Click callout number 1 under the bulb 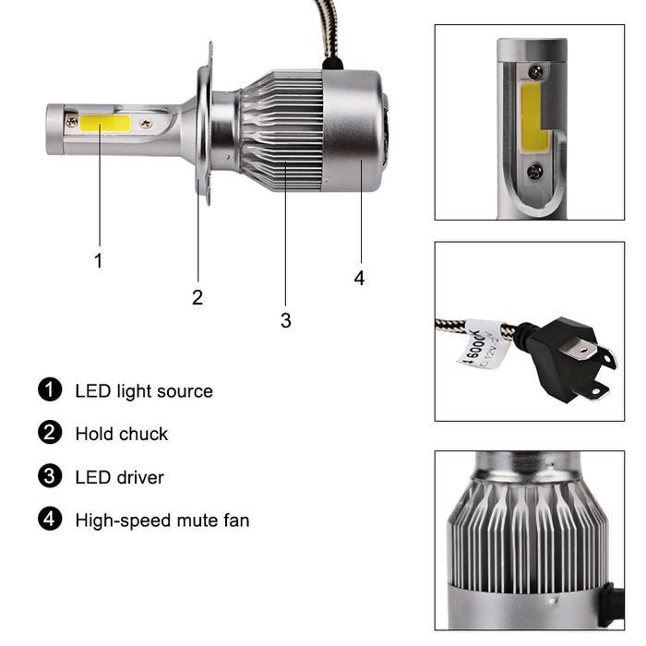[99, 261]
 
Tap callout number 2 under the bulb [197, 297]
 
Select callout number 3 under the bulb [285, 320]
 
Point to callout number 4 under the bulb [359, 278]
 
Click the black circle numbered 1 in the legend [50, 390]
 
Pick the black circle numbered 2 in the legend [50, 433]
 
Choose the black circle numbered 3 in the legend [50, 477]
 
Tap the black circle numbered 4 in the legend [50, 520]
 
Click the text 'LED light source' [144, 391]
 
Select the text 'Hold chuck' [122, 434]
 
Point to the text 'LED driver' [119, 478]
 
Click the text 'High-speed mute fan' [162, 520]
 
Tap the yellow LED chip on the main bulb [104, 122]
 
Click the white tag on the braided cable [484, 345]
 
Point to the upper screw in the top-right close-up [535, 71]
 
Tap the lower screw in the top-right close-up [534, 172]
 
